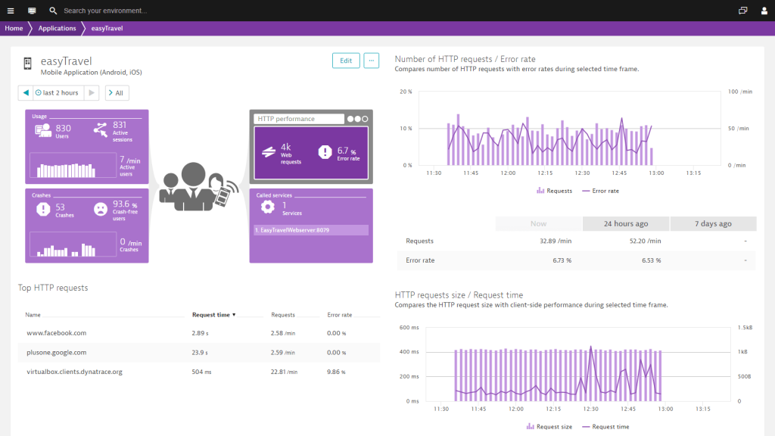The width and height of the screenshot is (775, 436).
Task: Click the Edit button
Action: (346, 61)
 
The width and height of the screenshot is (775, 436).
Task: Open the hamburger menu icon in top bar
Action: (11, 11)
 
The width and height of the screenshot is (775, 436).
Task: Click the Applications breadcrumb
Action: (58, 29)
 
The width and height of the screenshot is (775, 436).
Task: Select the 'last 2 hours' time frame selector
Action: (58, 93)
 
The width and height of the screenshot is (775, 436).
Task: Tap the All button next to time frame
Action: (117, 93)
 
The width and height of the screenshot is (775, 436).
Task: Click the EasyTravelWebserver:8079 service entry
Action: (310, 230)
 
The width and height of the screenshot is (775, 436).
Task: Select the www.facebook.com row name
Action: (56, 333)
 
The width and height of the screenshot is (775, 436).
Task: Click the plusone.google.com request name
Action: (56, 352)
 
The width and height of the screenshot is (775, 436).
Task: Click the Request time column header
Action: (213, 315)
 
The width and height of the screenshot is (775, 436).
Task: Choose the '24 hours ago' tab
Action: (626, 223)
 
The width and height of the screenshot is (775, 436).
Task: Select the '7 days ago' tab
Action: (713, 223)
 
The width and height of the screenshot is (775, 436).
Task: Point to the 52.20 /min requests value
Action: (645, 241)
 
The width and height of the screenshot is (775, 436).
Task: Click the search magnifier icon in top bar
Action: (53, 11)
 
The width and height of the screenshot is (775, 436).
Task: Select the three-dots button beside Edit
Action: (371, 61)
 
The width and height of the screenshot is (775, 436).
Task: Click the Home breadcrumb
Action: (14, 29)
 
